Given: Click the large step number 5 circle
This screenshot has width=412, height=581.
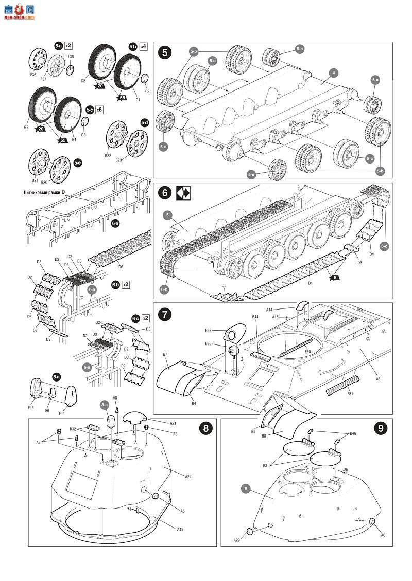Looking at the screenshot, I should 165,52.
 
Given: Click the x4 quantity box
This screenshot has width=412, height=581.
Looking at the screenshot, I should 144,46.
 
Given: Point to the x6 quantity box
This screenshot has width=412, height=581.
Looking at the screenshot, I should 100,110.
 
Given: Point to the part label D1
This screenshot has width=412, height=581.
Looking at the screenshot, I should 310,282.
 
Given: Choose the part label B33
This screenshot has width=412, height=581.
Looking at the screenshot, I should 208,330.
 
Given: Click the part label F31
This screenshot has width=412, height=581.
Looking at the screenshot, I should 350,394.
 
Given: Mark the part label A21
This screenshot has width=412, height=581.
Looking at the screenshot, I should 173,423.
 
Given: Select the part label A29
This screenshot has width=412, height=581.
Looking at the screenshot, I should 236,540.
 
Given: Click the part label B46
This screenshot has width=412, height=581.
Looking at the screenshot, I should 353,434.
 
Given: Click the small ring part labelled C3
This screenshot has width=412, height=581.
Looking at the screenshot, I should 146,78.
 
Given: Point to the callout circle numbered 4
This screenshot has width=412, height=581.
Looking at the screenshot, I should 334,73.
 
